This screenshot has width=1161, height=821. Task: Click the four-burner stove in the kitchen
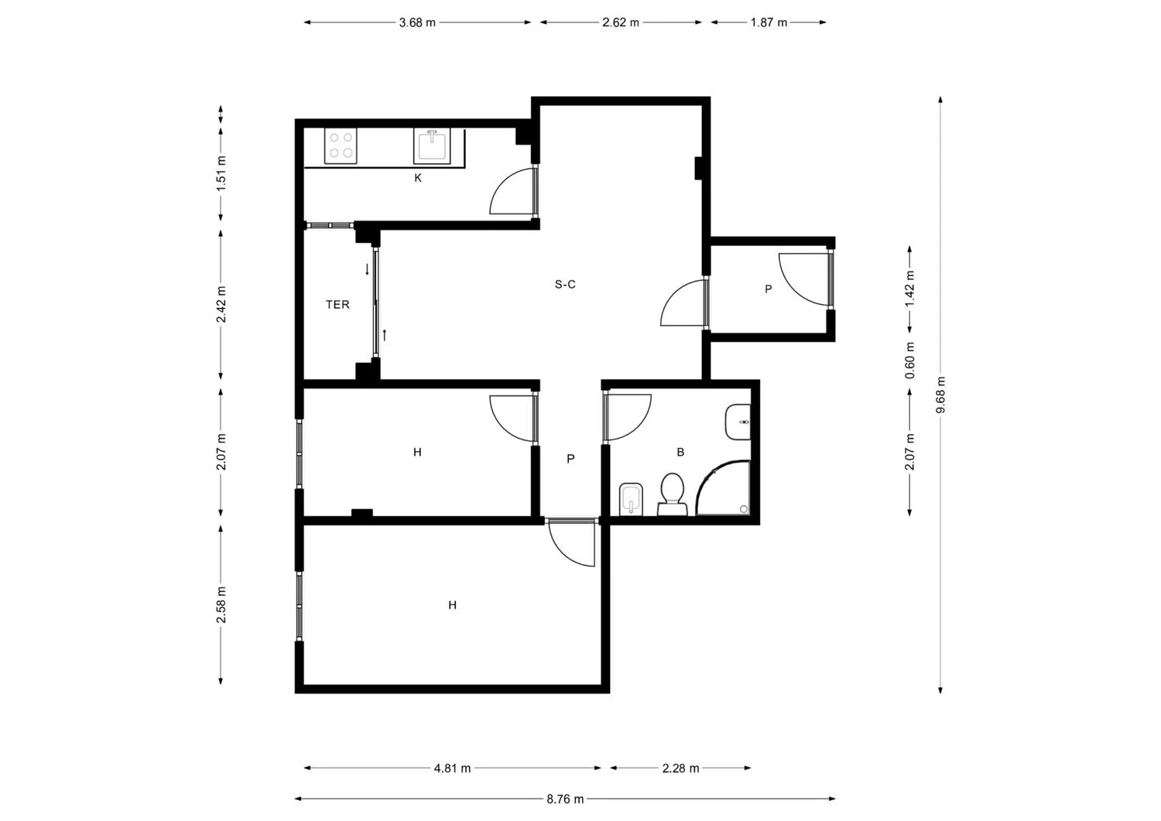pyautogui.click(x=341, y=145)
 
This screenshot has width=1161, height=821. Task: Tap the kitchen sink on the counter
pyautogui.click(x=432, y=146)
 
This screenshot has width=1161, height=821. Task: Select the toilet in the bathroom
pyautogui.click(x=673, y=494)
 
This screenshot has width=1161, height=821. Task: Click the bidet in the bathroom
pyautogui.click(x=631, y=499)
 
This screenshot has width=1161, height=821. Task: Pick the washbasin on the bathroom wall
pyautogui.click(x=738, y=422)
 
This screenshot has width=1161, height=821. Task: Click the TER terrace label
pyautogui.click(x=337, y=305)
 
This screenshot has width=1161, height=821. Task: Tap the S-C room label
pyautogui.click(x=565, y=284)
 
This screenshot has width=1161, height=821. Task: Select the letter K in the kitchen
pyautogui.click(x=418, y=178)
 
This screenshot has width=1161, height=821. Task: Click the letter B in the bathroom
pyautogui.click(x=680, y=452)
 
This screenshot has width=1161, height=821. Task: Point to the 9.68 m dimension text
pyautogui.click(x=940, y=395)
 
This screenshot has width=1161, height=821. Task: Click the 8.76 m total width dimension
pyautogui.click(x=565, y=799)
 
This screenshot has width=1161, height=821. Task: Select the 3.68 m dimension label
pyautogui.click(x=417, y=22)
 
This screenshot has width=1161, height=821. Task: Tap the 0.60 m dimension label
pyautogui.click(x=910, y=361)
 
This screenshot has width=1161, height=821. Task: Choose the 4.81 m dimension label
pyautogui.click(x=453, y=768)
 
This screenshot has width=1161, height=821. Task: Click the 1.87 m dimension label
pyautogui.click(x=769, y=22)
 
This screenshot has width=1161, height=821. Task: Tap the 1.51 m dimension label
pyautogui.click(x=221, y=173)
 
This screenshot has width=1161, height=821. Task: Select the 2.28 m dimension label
pyautogui.click(x=680, y=768)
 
